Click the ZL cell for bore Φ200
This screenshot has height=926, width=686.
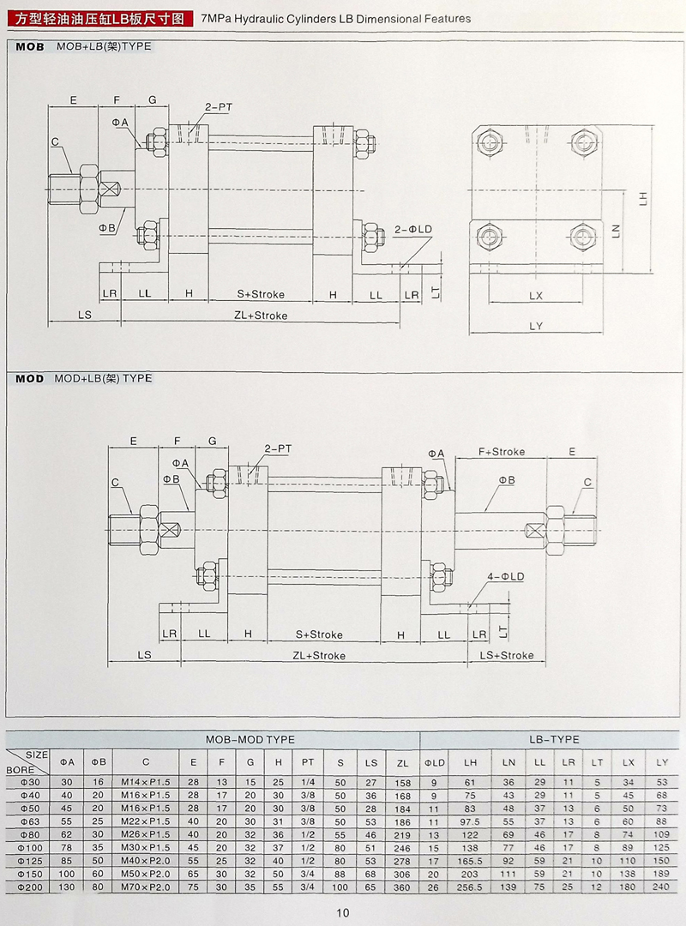[x=403, y=886]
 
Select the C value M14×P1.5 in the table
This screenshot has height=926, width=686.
[x=146, y=782]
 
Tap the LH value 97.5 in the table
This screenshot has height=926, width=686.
[x=470, y=821]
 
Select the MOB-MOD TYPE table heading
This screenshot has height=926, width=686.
[x=250, y=739]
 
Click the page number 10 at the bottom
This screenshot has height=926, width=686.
[x=343, y=912]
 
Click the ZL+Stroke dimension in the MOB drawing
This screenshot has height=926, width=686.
[x=261, y=316]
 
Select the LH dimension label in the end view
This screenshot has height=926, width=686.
[x=642, y=197]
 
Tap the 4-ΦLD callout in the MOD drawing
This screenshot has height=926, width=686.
[x=505, y=577]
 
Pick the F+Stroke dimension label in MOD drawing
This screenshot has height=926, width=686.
[x=502, y=452]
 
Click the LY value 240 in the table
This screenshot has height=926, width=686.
[x=661, y=886]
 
